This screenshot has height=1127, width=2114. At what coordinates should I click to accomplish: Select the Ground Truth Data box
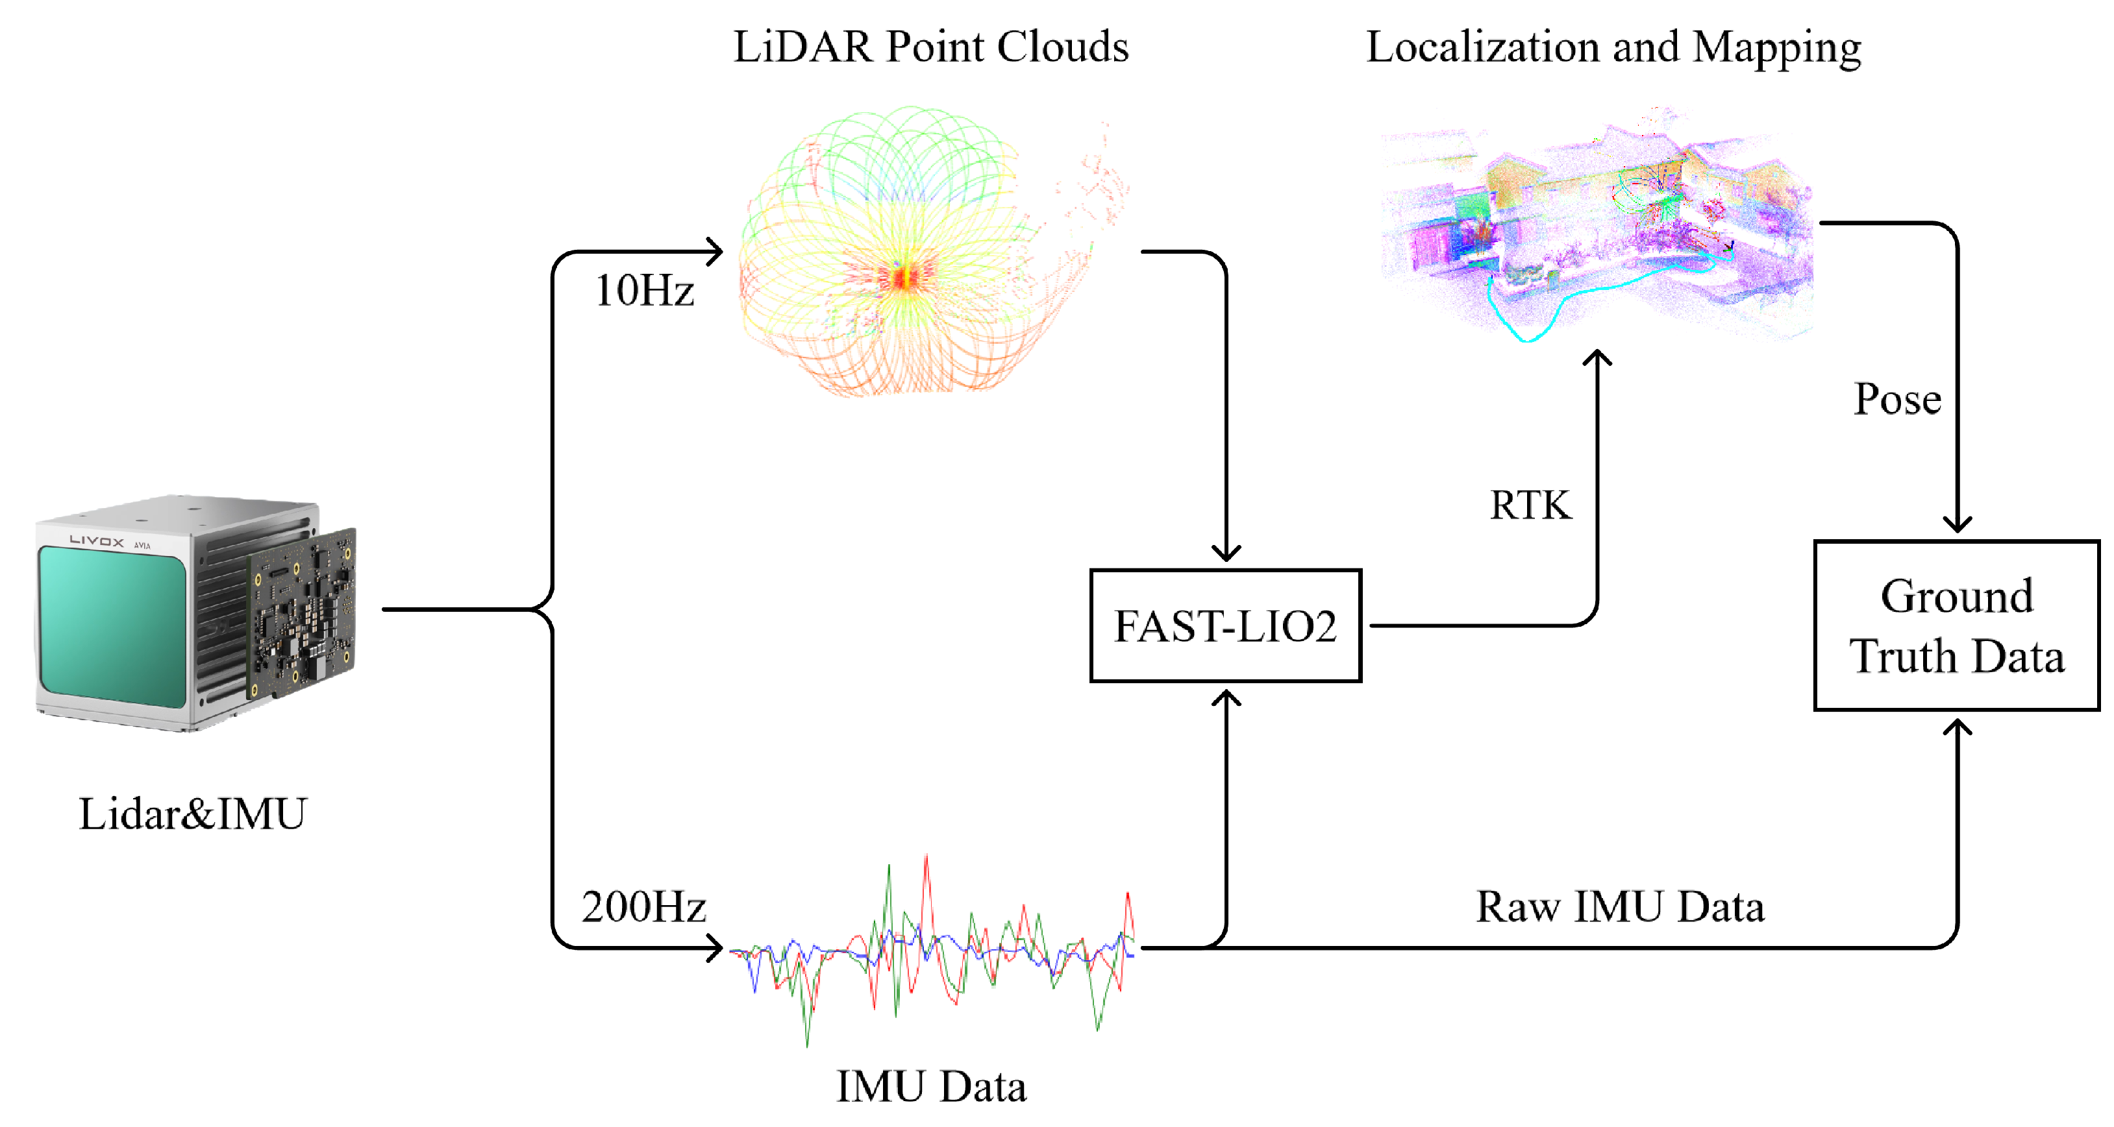tap(1956, 625)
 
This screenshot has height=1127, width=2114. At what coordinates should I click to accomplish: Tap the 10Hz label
tap(644, 291)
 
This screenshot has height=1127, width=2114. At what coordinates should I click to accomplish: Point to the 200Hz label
tap(644, 906)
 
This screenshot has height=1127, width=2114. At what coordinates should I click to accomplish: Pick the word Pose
tap(1897, 400)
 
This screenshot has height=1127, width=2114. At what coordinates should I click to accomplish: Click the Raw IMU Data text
tap(1620, 906)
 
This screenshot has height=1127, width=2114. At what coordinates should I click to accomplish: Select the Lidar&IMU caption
tap(192, 814)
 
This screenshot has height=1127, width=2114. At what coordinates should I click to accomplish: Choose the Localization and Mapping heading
tap(1613, 47)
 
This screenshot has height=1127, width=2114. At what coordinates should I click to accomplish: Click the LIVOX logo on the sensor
tap(97, 541)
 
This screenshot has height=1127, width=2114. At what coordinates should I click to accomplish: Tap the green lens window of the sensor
tap(112, 627)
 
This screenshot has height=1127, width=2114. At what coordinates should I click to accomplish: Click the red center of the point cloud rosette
tap(902, 277)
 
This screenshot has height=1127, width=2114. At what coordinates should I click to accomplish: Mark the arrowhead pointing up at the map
tap(1597, 357)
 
